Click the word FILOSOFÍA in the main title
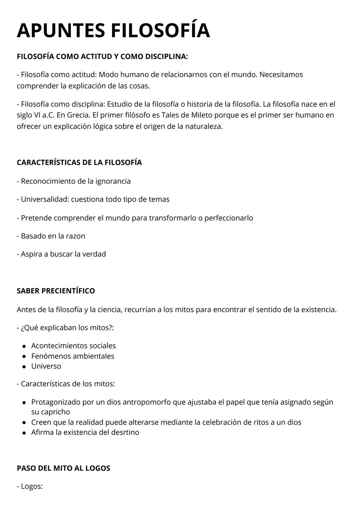point(160,30)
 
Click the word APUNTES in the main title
point(61,30)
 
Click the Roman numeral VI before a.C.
point(37,115)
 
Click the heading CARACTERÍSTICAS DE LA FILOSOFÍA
point(79,162)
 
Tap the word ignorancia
point(113,181)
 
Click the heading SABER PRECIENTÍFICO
point(56,291)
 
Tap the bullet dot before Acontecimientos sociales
point(24,346)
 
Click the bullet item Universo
point(46,366)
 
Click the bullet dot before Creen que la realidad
point(24,423)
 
